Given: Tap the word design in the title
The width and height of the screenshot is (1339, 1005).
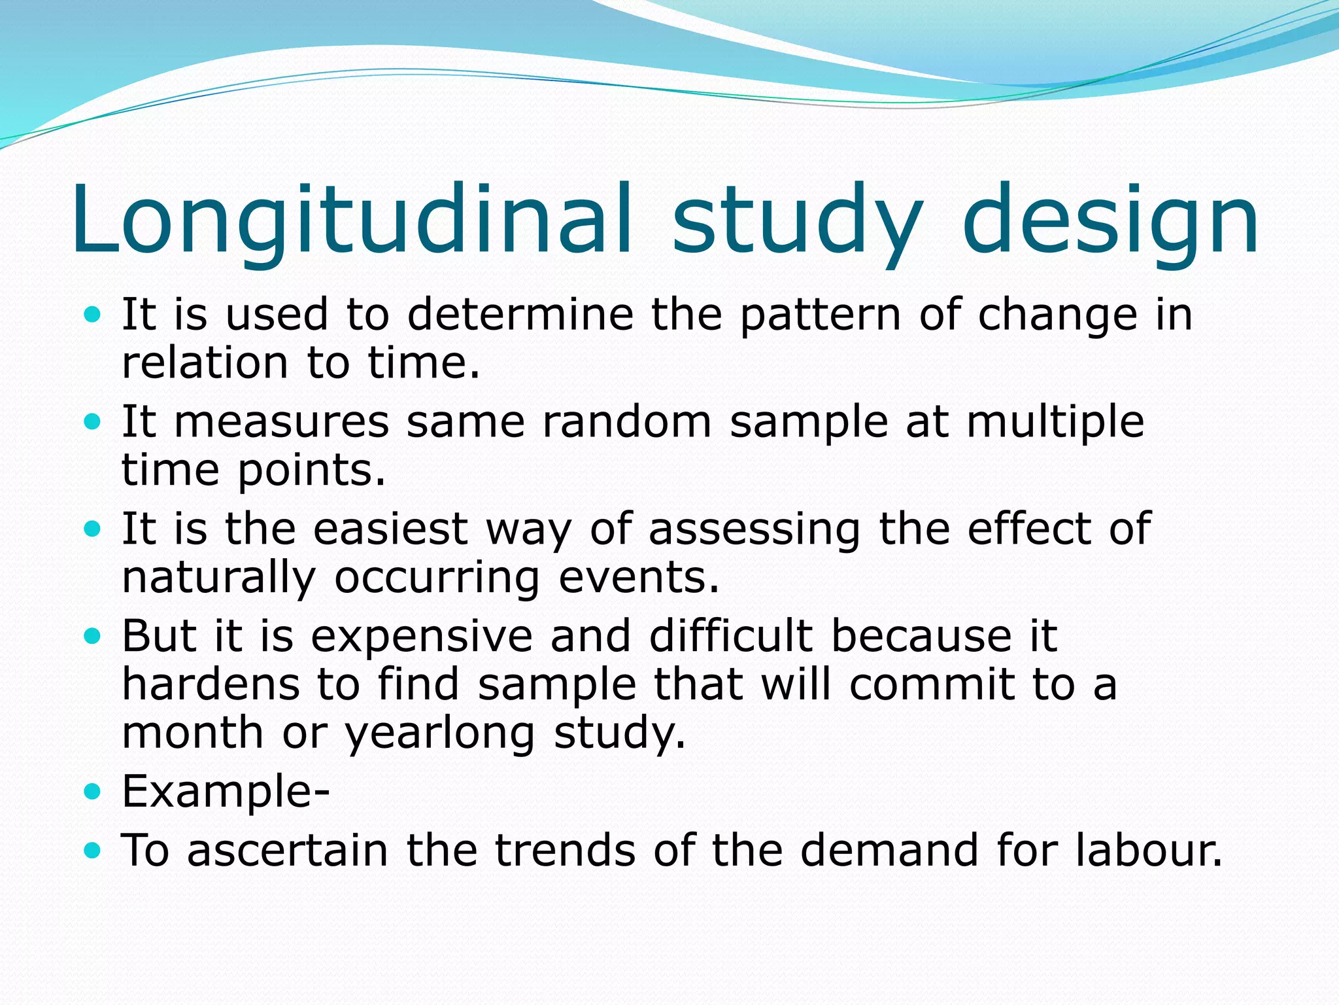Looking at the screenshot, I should pyautogui.click(x=1110, y=219).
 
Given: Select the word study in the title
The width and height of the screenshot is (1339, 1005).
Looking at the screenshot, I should pyautogui.click(x=797, y=219).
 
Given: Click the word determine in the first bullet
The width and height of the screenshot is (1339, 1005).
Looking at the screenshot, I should pyautogui.click(x=520, y=315).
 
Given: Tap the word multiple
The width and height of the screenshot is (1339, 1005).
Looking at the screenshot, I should pyautogui.click(x=1055, y=422).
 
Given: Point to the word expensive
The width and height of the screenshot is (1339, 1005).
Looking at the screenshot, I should pyautogui.click(x=422, y=636).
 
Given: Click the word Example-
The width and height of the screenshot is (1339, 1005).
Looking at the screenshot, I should pyautogui.click(x=226, y=792).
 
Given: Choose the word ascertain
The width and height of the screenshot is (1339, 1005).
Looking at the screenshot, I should pyautogui.click(x=287, y=851).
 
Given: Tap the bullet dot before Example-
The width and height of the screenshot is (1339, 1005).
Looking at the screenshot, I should pyautogui.click(x=93, y=792).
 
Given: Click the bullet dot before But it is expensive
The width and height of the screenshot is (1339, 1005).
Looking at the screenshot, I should pyautogui.click(x=93, y=635).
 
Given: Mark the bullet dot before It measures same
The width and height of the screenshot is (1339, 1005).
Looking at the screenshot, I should pyautogui.click(x=93, y=422).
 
